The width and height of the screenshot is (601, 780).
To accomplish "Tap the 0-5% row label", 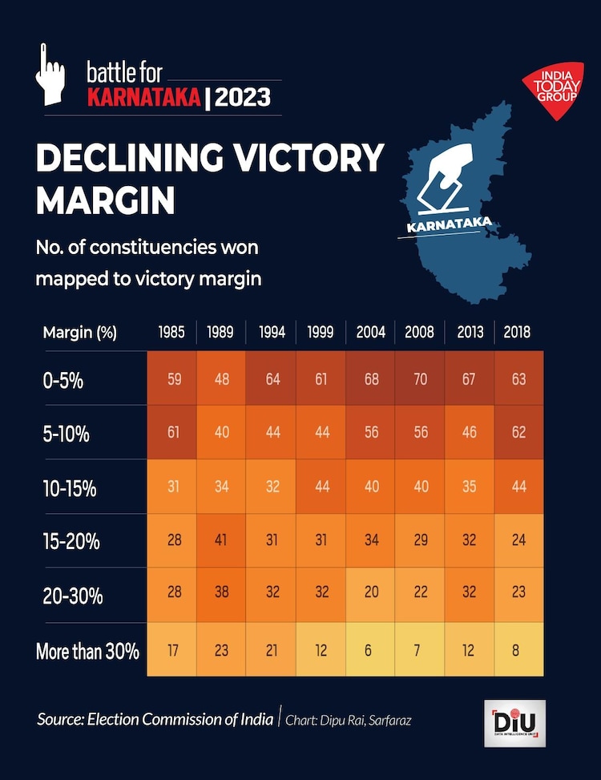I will (x=64, y=379).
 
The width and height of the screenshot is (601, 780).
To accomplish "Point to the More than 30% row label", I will (x=87, y=650).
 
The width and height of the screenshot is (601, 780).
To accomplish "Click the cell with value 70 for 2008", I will (x=420, y=378).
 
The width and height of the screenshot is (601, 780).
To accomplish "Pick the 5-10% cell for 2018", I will (x=518, y=433).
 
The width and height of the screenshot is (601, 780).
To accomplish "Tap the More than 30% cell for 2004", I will (x=369, y=650).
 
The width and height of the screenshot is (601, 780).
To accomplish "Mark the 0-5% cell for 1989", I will (x=222, y=378).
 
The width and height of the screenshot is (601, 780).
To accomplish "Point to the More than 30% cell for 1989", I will (x=222, y=650).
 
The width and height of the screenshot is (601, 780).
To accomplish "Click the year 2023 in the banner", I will (x=244, y=99).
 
